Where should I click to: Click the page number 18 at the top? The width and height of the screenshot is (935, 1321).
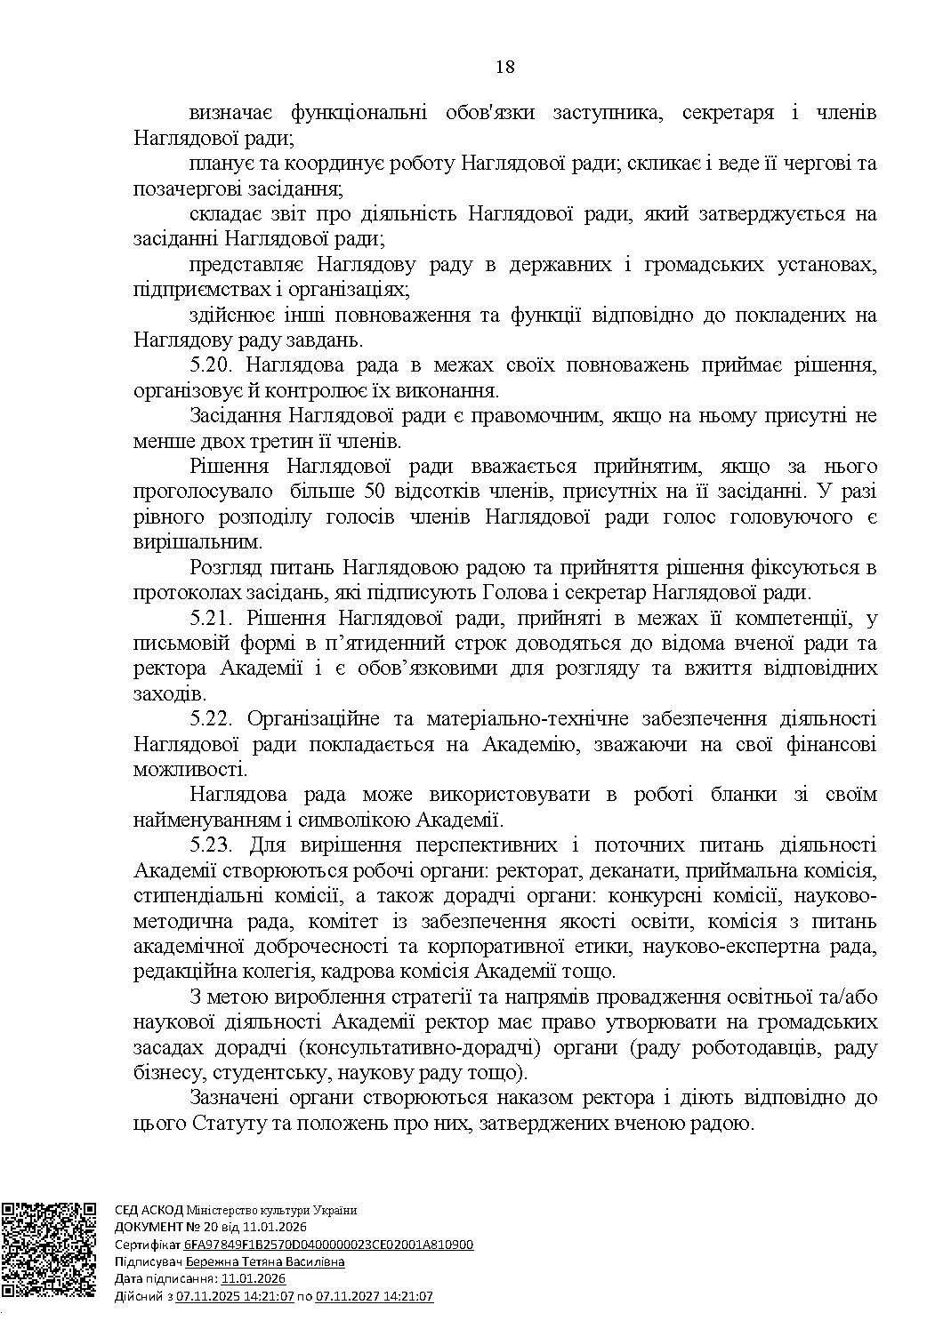pyautogui.click(x=505, y=67)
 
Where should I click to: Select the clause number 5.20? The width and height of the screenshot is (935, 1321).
pyautogui.click(x=212, y=364)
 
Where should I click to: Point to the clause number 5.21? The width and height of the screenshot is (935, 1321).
pyautogui.click(x=212, y=618)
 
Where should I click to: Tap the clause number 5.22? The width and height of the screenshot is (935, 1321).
pyautogui.click(x=212, y=718)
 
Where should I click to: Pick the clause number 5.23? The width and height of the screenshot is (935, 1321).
pyautogui.click(x=212, y=845)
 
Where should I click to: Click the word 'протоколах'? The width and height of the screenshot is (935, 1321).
pyautogui.click(x=181, y=592)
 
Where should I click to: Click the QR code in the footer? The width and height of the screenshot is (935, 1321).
pyautogui.click(x=48, y=1250)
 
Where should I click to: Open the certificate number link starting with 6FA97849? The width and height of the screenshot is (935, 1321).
pyautogui.click(x=328, y=1245)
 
